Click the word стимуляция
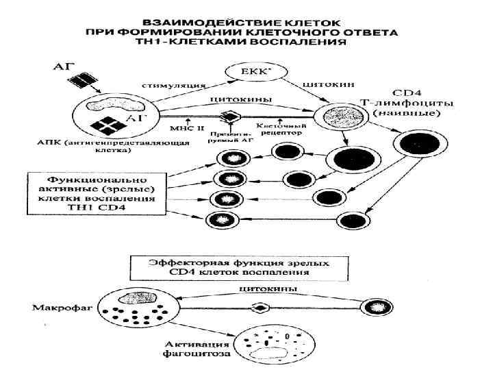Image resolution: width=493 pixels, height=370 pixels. (174, 86)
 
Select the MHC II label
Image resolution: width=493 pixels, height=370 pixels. (183, 127)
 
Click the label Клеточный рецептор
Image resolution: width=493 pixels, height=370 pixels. (281, 130)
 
